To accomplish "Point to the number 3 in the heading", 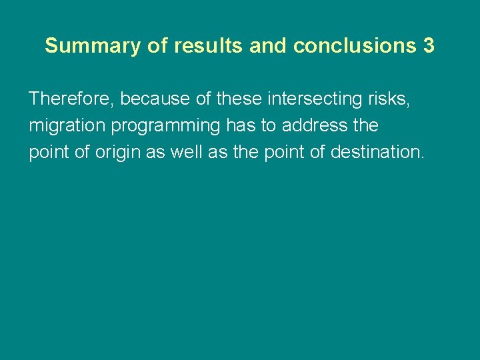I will coord(428,46).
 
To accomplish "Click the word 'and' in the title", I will coord(269,46).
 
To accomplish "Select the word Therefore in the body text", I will coord(71,99).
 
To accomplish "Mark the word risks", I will coord(386,99).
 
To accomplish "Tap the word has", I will coord(241,125).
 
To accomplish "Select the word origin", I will coord(118,152).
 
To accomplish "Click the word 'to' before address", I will coord(268,125).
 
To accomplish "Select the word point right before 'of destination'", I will coord(283,152).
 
